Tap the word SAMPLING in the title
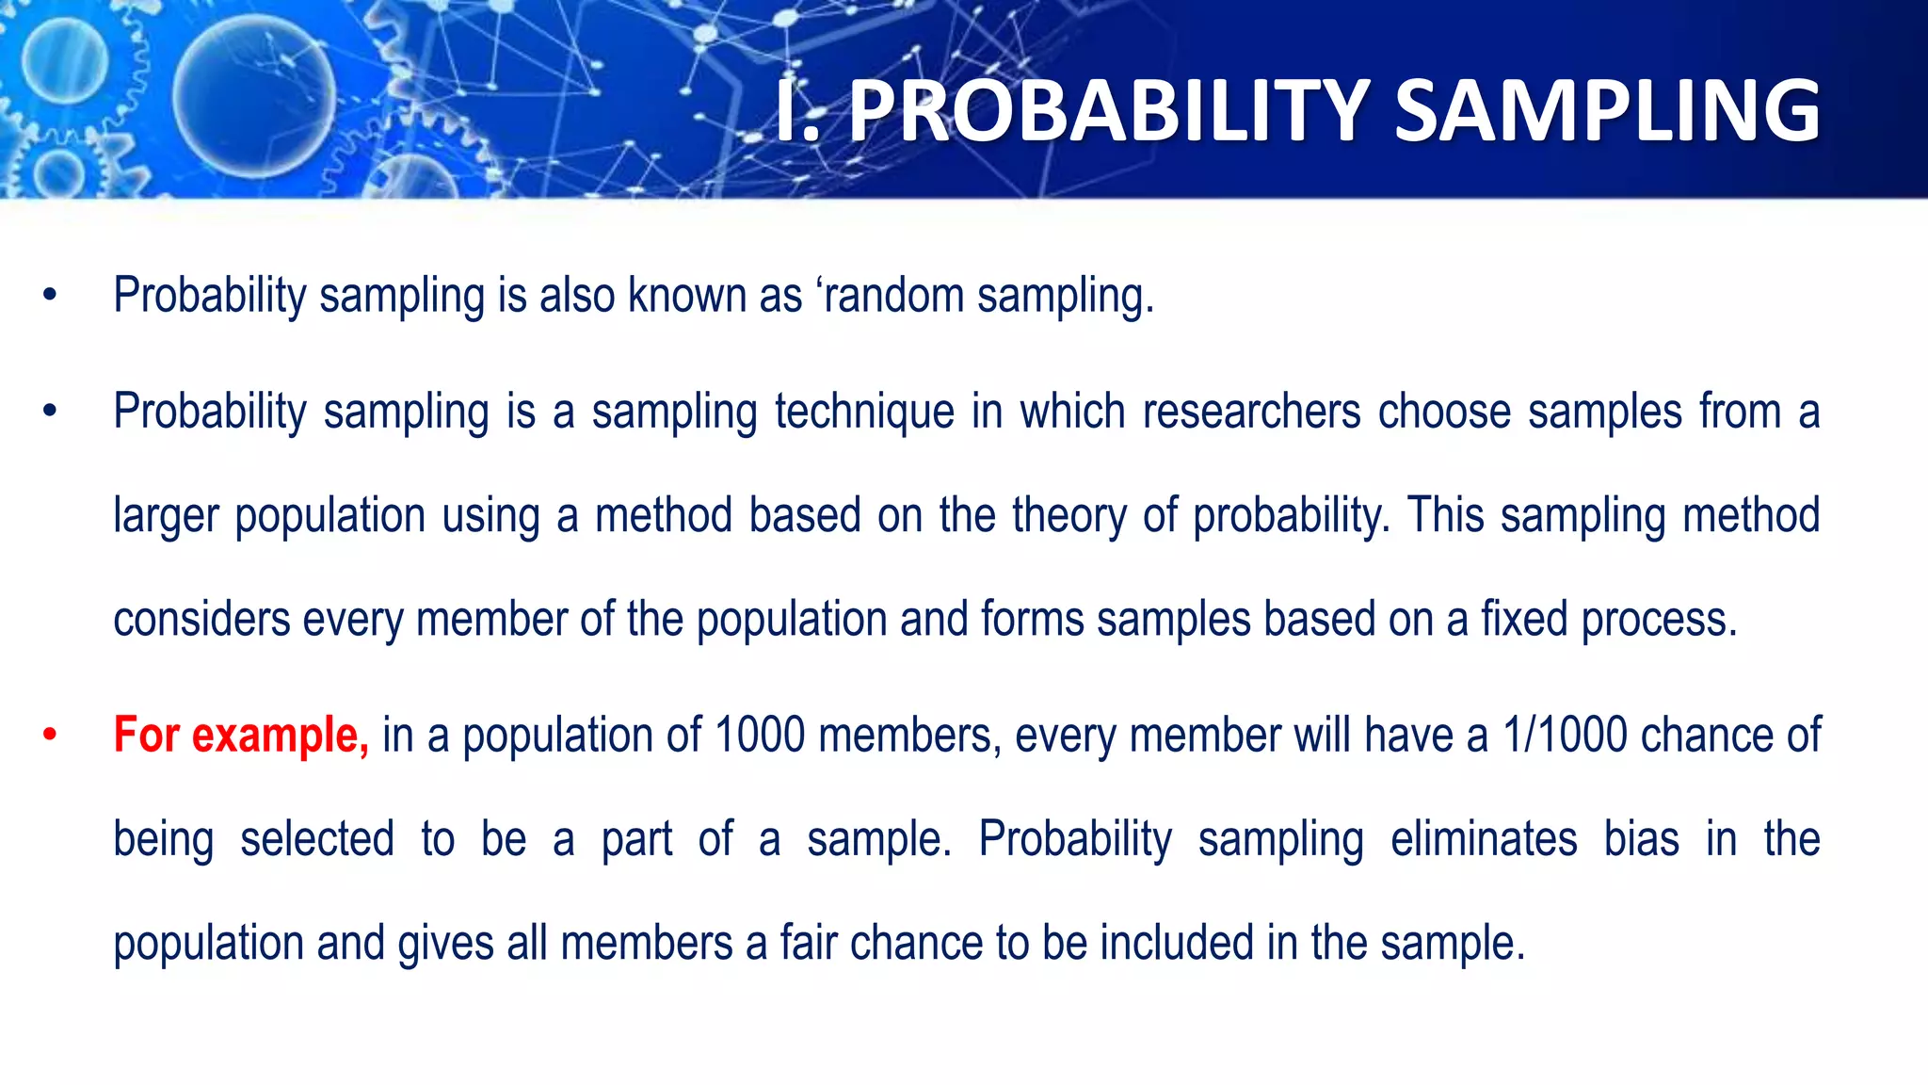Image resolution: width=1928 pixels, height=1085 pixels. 1606,111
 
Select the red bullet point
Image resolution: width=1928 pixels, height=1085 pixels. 50,736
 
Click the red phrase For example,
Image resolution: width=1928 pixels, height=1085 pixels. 241,735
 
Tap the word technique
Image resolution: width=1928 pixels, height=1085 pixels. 864,413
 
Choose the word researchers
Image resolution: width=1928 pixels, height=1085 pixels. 1251,413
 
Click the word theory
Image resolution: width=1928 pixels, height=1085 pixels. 1068,516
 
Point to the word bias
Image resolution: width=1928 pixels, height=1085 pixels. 1642,839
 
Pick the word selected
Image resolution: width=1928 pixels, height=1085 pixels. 317,839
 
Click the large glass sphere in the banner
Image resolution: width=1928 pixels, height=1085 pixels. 254,97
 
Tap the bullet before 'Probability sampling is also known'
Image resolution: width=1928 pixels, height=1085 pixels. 50,296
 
